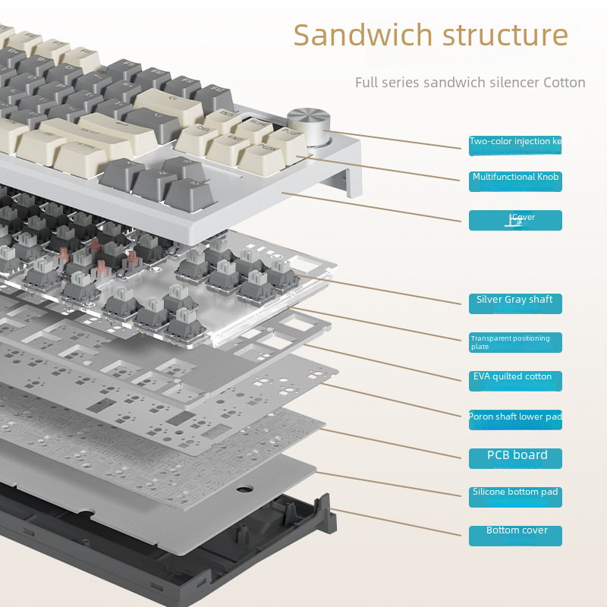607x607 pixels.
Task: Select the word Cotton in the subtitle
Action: coord(564,82)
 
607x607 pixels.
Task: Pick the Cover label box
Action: coord(515,220)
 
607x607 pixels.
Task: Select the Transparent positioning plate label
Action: coord(515,342)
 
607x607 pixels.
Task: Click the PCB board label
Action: coord(515,458)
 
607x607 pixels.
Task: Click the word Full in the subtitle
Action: coord(367,82)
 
